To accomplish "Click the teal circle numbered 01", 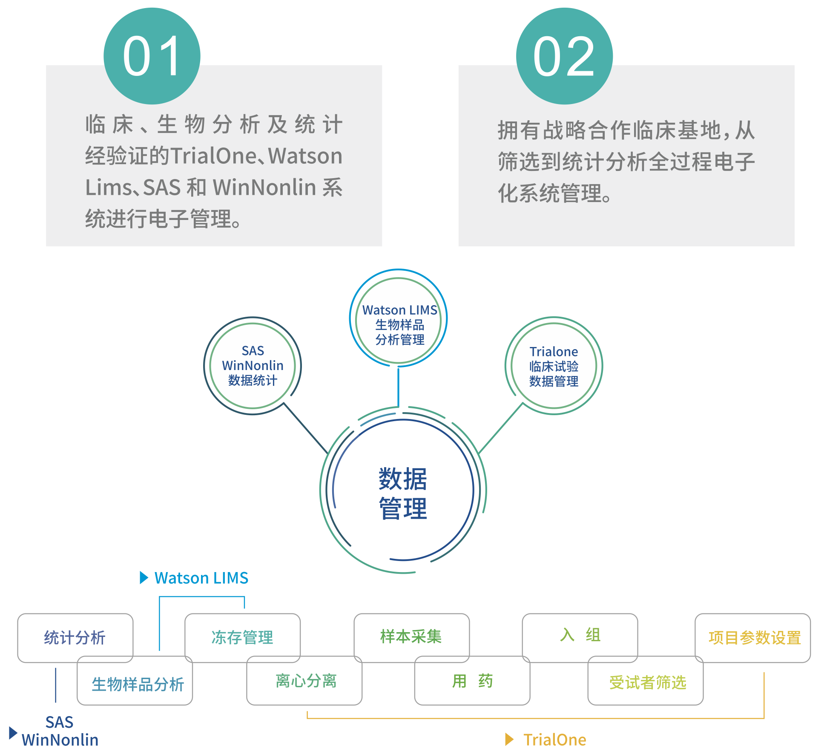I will point(152,56).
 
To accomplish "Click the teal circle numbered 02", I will point(564,56).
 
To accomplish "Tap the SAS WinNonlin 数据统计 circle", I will point(253,365).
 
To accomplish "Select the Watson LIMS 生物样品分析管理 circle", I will point(399,318).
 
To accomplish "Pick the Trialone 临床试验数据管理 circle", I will point(554,366).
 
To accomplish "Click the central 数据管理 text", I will point(402,493).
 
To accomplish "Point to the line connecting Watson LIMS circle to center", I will point(398,386).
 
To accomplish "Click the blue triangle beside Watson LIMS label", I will point(144,578).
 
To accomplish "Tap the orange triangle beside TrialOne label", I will point(509,739).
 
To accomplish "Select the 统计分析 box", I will point(75,637).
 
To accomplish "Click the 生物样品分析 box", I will point(138,684).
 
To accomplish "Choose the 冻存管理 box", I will point(242,637).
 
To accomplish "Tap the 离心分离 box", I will point(306,681).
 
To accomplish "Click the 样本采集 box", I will point(411,636).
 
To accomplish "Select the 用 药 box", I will point(472,681).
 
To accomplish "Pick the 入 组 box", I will point(580,635).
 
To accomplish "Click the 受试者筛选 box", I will point(647,682).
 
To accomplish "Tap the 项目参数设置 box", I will point(754,638).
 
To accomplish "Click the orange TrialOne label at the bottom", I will point(554,739).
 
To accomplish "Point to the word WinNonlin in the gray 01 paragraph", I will point(264,187).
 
